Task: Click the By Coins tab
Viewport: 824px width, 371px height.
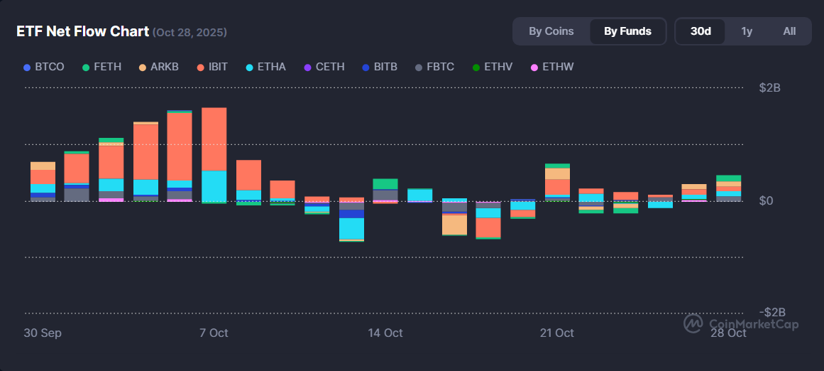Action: click(x=551, y=31)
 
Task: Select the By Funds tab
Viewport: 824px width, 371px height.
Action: click(x=627, y=31)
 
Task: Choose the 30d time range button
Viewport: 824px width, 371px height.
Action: click(x=701, y=31)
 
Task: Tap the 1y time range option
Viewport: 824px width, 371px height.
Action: click(x=747, y=31)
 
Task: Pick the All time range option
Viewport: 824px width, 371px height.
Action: click(x=789, y=31)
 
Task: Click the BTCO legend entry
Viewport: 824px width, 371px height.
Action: click(x=44, y=67)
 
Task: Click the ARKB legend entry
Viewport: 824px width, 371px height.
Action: click(x=158, y=67)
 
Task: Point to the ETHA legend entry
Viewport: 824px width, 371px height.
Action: click(x=265, y=67)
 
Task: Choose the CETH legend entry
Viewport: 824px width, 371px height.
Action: click(x=324, y=67)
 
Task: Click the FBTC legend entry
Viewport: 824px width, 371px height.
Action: click(x=434, y=67)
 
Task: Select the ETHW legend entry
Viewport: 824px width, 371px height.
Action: click(x=552, y=67)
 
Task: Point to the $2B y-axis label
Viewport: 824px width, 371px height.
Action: click(x=770, y=88)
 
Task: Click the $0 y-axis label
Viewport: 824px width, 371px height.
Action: click(x=766, y=200)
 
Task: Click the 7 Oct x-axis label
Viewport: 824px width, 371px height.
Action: click(x=214, y=333)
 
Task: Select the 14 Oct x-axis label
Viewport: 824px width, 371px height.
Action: click(x=385, y=333)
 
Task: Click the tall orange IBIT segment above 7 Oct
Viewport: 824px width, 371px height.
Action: click(x=214, y=139)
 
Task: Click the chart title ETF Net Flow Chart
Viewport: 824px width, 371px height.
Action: click(x=83, y=31)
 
